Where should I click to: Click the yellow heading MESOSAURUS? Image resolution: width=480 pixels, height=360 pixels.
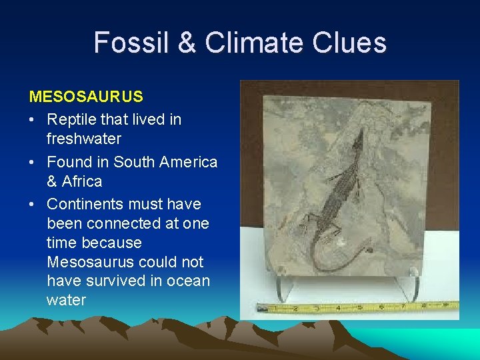point(86,97)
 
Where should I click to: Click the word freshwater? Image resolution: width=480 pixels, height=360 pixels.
point(84,139)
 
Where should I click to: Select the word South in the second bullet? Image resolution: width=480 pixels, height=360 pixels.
point(133,162)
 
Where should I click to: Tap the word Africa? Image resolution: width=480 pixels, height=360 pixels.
point(83,181)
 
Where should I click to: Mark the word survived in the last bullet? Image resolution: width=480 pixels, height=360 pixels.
point(111,281)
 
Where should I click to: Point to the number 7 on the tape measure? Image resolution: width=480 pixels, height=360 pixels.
point(404,307)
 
